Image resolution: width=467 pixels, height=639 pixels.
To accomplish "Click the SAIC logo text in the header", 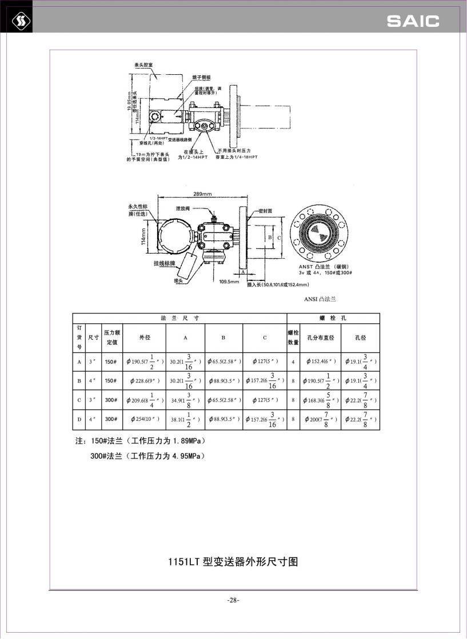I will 413,22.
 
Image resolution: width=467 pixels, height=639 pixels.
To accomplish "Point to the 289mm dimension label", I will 203,193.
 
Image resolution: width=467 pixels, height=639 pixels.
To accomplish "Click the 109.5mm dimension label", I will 229,282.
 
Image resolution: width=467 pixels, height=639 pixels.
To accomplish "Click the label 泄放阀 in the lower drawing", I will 183,210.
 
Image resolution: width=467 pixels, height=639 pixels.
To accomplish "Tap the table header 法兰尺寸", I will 179,318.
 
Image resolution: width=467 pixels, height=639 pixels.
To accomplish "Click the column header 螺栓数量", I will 293,337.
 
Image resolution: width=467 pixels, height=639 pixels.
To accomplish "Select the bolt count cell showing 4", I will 293,361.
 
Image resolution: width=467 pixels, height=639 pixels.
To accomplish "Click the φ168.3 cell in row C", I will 321,400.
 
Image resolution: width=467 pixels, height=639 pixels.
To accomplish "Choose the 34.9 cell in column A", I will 185,400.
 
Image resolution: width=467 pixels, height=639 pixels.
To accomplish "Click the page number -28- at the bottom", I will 233,600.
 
